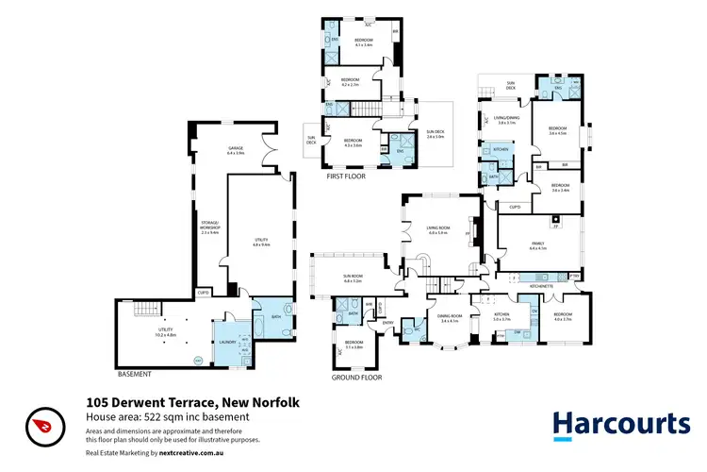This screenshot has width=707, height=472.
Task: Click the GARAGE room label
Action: (x=236, y=150)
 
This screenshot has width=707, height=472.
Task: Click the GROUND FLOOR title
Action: (x=357, y=377)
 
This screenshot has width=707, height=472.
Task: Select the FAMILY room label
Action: (x=538, y=244)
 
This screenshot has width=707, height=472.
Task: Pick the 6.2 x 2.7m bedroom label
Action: (x=351, y=81)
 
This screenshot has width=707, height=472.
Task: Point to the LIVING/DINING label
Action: (x=506, y=120)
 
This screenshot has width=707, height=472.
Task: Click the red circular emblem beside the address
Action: (x=41, y=424)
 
